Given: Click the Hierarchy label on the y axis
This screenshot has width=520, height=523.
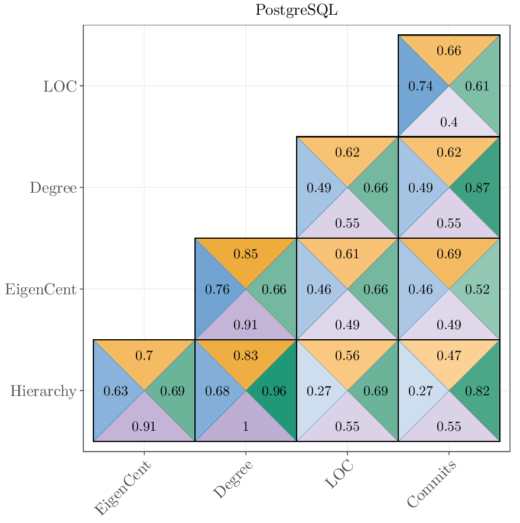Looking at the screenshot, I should pyautogui.click(x=43, y=391).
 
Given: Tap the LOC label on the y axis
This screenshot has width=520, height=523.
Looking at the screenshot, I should pyautogui.click(x=60, y=86).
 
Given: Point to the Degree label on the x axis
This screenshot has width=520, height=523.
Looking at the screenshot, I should pyautogui.click(x=233, y=479).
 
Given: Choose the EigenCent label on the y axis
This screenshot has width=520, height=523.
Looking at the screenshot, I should pyautogui.click(x=41, y=290).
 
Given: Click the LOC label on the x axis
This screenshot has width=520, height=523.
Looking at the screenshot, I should pyautogui.click(x=340, y=475).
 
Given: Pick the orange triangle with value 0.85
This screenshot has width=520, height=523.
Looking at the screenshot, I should pyautogui.click(x=246, y=254).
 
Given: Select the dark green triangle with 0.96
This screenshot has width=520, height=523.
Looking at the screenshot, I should pyautogui.click(x=275, y=391).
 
